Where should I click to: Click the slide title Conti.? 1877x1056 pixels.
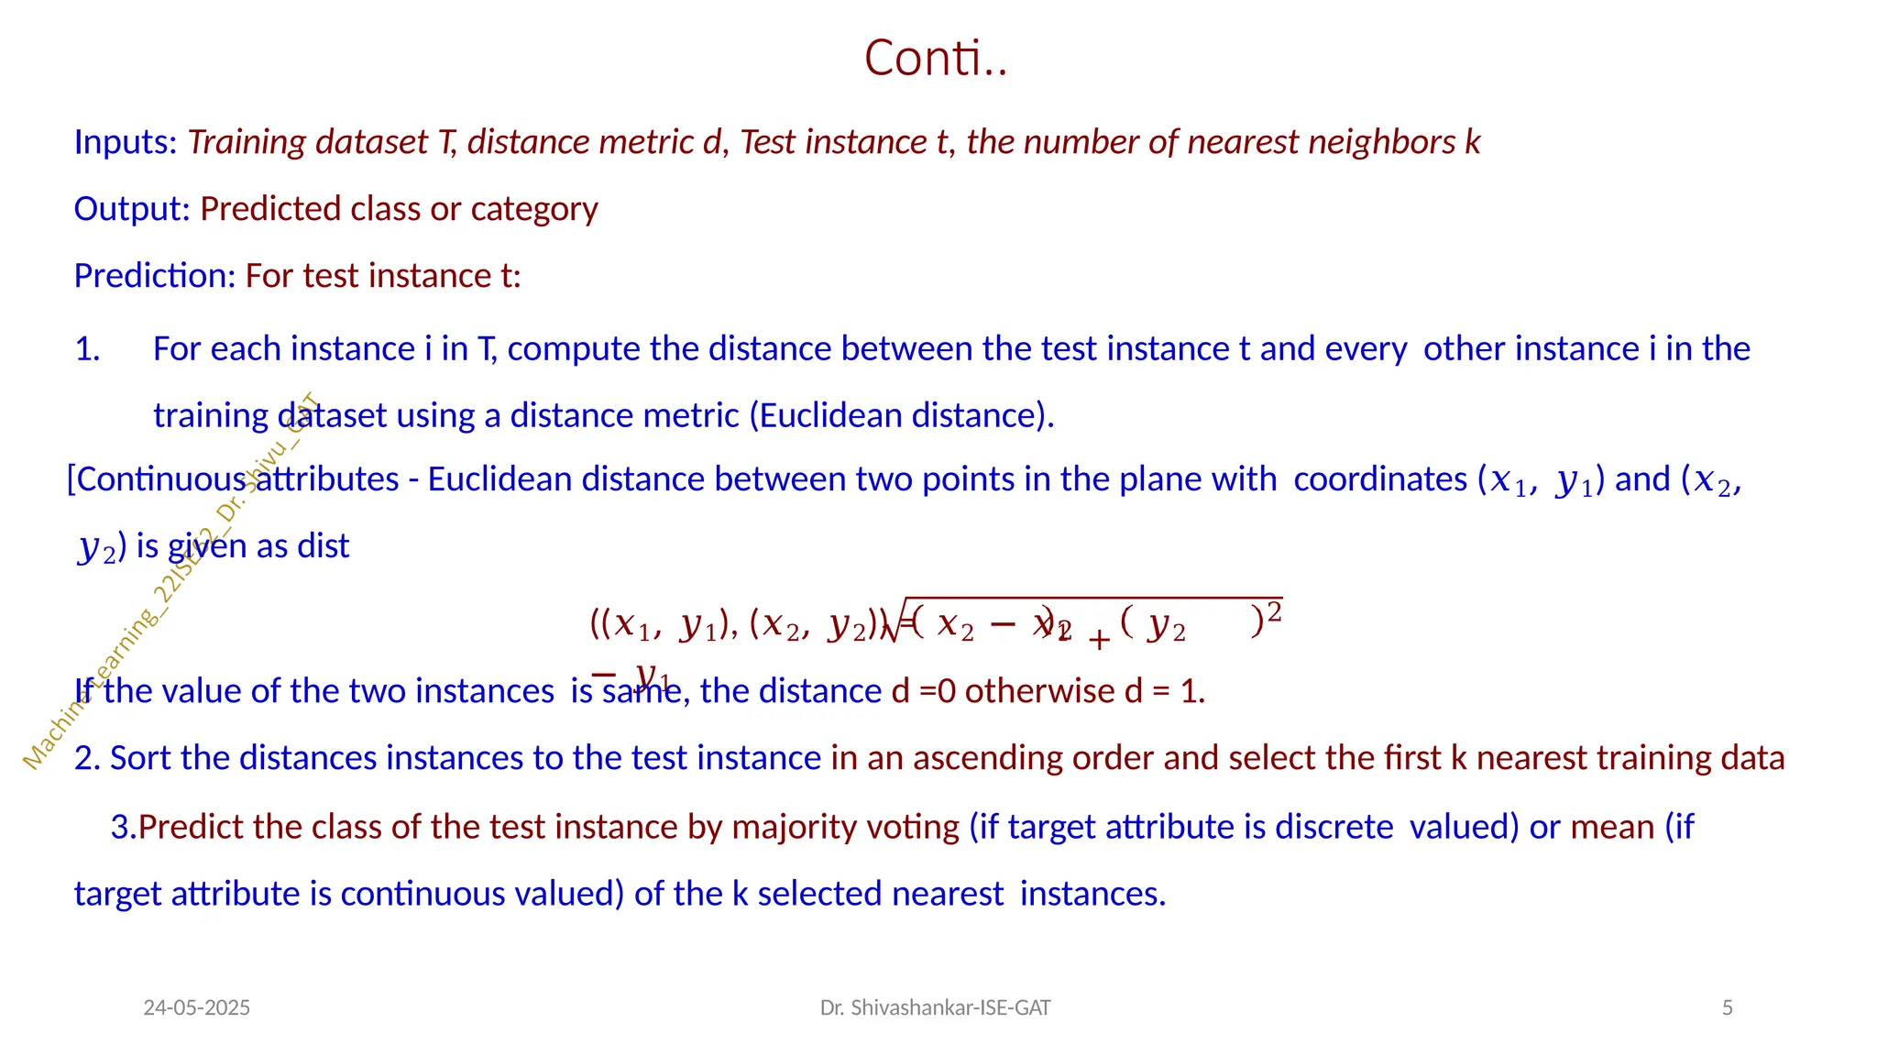[936, 59]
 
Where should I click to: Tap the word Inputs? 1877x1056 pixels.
[126, 143]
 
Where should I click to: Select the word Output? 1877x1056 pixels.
[132, 210]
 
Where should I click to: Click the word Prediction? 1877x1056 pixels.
[155, 276]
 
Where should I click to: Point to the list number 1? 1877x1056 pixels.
[87, 349]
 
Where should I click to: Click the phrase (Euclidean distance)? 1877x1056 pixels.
[902, 416]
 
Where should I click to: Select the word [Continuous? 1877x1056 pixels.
[157, 479]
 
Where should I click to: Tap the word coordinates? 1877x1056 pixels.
[1380, 479]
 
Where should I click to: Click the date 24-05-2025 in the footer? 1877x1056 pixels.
[197, 1008]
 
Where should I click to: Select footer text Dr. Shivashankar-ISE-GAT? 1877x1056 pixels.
[935, 1008]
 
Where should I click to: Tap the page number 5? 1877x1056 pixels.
[1728, 1008]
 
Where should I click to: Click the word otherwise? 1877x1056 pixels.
[1039, 691]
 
